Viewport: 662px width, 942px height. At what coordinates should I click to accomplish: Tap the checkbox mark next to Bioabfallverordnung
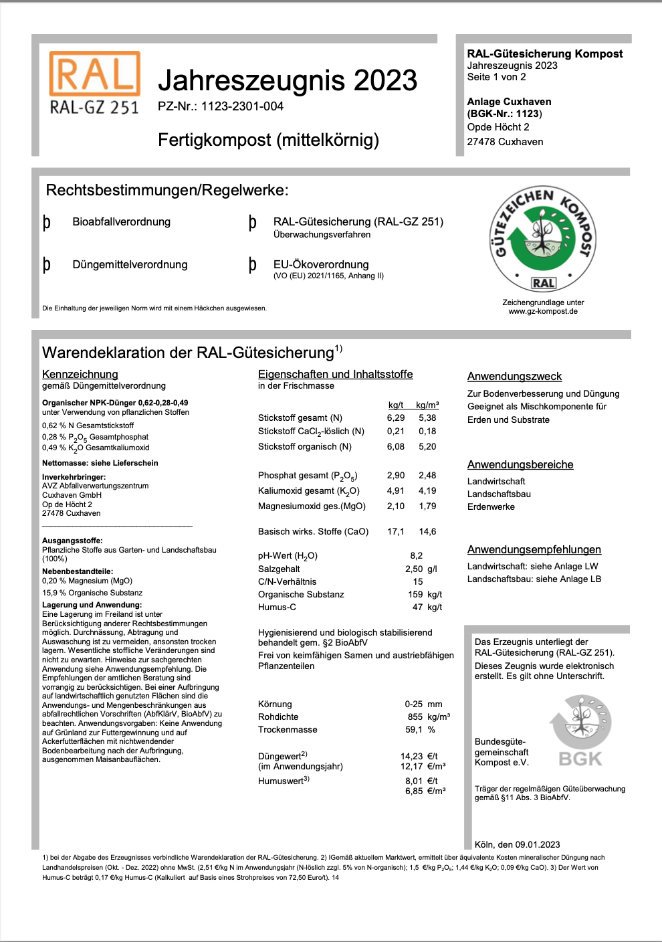pyautogui.click(x=47, y=222)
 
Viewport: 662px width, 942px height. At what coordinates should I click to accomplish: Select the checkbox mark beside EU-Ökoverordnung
pyautogui.click(x=252, y=265)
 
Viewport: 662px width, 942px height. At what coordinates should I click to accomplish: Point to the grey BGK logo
pyautogui.click(x=580, y=732)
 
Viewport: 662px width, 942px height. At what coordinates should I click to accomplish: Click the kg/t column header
pyautogui.click(x=396, y=405)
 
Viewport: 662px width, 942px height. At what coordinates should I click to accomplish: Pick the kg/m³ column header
pyautogui.click(x=427, y=405)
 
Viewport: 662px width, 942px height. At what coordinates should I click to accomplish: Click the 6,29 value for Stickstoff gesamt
pyautogui.click(x=396, y=417)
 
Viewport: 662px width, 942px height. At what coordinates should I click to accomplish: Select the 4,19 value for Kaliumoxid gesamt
pyautogui.click(x=427, y=490)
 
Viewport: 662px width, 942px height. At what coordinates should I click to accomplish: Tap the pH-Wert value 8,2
pyautogui.click(x=417, y=555)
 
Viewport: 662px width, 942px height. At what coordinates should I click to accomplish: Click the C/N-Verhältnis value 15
pyautogui.click(x=418, y=581)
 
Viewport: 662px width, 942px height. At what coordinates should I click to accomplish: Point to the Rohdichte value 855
pyautogui.click(x=415, y=717)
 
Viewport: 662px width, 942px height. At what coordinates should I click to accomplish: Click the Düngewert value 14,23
pyautogui.click(x=412, y=756)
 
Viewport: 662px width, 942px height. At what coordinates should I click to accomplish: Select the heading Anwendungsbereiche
pyautogui.click(x=520, y=464)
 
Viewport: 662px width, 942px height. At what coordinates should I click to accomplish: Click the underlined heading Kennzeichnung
pyautogui.click(x=80, y=374)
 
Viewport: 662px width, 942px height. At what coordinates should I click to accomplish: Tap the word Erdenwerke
pyautogui.click(x=491, y=506)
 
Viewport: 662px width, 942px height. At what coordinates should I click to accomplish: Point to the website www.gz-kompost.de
pyautogui.click(x=543, y=311)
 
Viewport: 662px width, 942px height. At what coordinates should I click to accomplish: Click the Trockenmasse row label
pyautogui.click(x=288, y=729)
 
